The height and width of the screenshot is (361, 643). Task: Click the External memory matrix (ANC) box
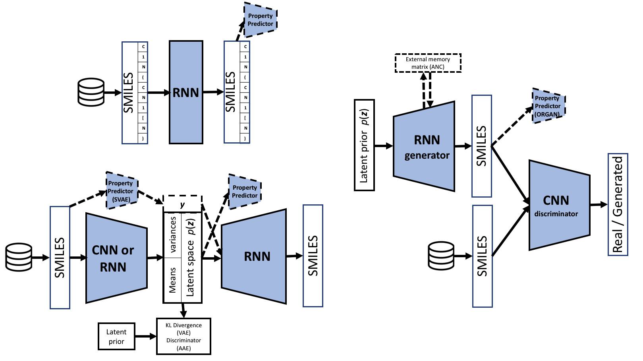point(428,63)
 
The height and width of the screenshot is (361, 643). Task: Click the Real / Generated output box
point(618,204)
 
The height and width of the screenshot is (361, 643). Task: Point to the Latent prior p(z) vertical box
point(364,145)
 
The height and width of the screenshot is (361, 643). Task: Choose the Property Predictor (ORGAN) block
point(548,106)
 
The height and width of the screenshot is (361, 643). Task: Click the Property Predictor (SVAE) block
point(122,190)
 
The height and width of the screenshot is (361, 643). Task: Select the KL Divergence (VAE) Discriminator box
point(183,336)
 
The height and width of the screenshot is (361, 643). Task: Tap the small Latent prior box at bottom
point(116,336)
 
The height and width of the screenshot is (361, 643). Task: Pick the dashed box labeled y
point(182,204)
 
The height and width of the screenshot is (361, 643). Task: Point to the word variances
point(172,235)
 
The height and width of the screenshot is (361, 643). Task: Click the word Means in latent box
point(172,280)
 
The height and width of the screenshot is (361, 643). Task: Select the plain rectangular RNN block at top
point(186,92)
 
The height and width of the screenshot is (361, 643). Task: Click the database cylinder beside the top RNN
point(91,92)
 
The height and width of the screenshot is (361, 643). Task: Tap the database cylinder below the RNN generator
point(441,257)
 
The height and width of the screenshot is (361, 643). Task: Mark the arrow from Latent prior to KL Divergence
point(146,337)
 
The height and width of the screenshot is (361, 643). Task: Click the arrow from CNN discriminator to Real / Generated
point(599,205)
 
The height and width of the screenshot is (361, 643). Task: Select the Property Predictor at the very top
point(260,20)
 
